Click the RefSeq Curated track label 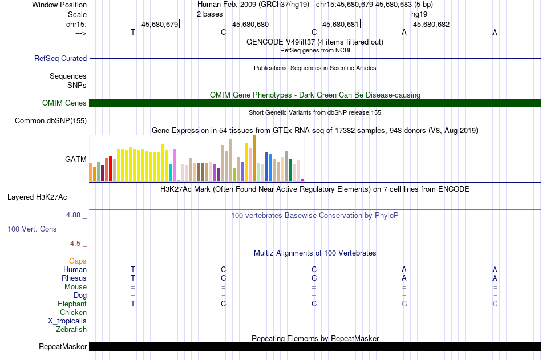coord(60,58)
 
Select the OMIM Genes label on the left coord(64,103)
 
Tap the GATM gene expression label coord(76,159)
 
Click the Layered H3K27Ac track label coord(37,197)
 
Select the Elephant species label coord(72,304)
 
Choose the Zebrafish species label coord(71,330)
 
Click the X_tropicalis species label coord(67,321)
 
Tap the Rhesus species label coord(74,278)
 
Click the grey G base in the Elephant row coord(405,304)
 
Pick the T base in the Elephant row coord(133,304)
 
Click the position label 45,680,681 coord(341,24)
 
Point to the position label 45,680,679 coord(160,24)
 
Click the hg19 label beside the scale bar coord(419,14)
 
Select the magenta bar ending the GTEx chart coord(302,180)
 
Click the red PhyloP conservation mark coord(404,233)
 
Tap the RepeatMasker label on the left coord(63,346)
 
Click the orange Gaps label coord(78,261)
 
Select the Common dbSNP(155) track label coord(51,121)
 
